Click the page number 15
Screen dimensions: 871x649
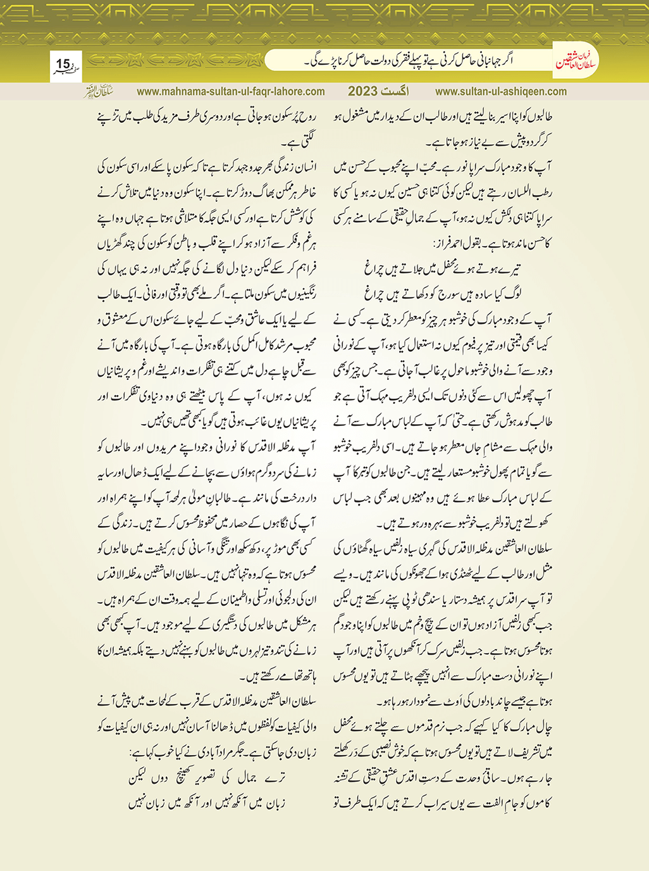(63, 64)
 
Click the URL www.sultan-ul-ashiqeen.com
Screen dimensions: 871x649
(501, 91)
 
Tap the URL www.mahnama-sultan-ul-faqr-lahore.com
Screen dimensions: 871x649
(231, 91)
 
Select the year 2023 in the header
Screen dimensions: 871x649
(362, 91)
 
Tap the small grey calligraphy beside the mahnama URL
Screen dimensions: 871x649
(99, 91)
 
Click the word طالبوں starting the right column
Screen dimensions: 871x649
(538, 118)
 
